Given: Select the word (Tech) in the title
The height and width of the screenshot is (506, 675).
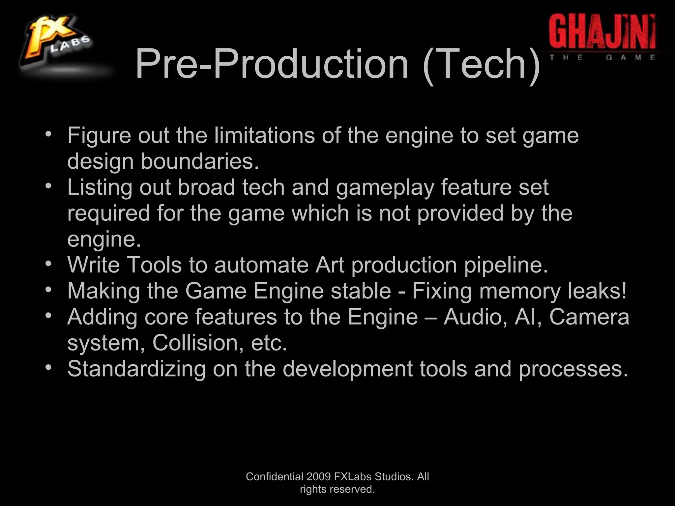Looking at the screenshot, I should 481,64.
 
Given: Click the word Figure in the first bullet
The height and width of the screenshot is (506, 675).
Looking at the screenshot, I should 99,136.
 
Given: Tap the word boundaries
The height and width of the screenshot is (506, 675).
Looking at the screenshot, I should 200,161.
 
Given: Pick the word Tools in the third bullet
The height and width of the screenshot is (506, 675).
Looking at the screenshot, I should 154,265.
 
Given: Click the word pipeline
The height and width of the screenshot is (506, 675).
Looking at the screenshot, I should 506,266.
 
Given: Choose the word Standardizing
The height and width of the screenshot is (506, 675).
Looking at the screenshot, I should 136,369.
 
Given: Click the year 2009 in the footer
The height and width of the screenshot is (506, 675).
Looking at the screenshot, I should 318,477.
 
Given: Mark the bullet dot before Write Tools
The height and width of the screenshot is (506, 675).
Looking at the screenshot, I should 48,264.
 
